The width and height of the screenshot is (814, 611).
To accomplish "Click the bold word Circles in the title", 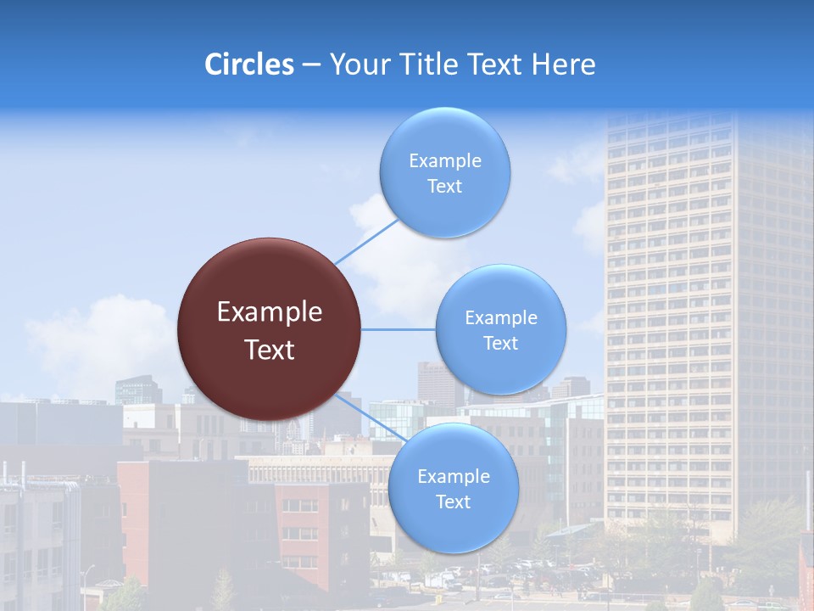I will point(249,64).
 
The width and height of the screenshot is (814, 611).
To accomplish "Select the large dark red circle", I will point(269,329).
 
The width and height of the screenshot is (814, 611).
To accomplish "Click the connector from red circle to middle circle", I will point(399,329).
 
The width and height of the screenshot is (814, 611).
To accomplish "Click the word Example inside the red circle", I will point(270,312).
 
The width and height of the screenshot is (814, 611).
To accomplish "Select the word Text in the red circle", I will point(270,350).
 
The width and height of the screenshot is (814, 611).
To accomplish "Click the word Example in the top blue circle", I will point(445,160).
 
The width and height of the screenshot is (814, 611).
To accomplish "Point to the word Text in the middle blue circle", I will point(500,343).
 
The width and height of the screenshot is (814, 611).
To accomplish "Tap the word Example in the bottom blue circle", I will point(454,476).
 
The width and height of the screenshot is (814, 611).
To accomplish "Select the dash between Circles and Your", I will point(311,65).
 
